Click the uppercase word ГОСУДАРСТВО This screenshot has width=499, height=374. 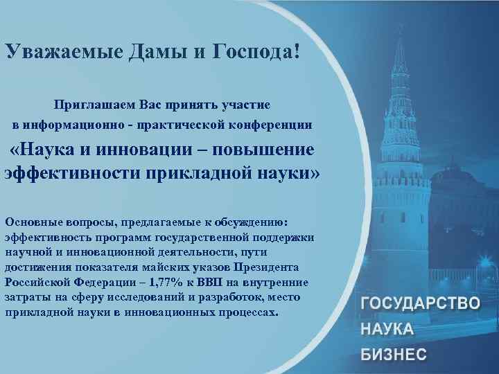420,303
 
